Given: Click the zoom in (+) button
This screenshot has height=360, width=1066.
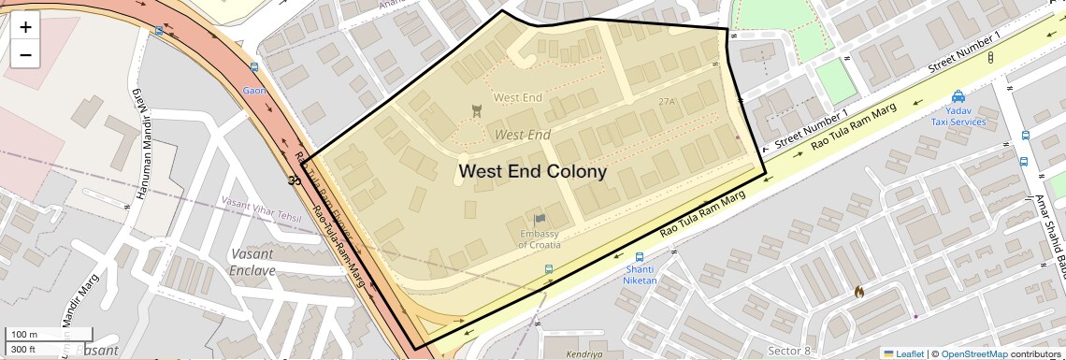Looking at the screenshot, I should [x=25, y=27].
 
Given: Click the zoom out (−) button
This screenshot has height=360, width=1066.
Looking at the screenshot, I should [x=25, y=54].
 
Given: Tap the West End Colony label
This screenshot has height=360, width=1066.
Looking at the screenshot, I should [x=532, y=172].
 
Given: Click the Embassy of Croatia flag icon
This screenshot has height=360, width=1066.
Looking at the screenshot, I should [x=540, y=220].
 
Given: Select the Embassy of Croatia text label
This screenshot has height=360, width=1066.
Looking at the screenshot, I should [x=540, y=238].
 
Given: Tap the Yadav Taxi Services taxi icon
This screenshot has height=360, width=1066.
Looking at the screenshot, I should [x=958, y=96].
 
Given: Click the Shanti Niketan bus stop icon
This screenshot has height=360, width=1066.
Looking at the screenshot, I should [x=640, y=257].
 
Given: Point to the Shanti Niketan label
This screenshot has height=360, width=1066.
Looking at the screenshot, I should [x=641, y=275].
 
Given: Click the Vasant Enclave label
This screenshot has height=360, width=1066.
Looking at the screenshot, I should [x=252, y=262].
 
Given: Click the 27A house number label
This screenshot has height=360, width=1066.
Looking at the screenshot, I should [x=667, y=101].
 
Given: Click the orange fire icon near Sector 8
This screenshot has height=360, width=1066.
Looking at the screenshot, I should [x=858, y=291].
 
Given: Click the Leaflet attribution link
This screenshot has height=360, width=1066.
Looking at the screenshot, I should [x=903, y=353].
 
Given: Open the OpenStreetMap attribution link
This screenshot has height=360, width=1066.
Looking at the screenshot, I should [x=973, y=353].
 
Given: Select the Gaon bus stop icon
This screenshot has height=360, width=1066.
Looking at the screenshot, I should [x=254, y=68].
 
